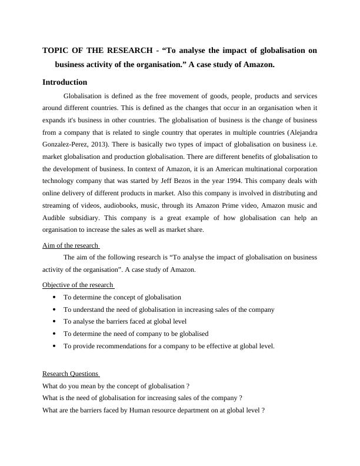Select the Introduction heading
[x=65, y=82]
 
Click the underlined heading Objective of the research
[x=78, y=285]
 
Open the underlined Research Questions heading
[x=71, y=374]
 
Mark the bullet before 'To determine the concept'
[x=54, y=298]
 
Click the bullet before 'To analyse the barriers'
[x=54, y=322]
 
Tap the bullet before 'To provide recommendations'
[x=54, y=346]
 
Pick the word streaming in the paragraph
[x=59, y=206]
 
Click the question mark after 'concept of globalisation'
[x=187, y=386]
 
